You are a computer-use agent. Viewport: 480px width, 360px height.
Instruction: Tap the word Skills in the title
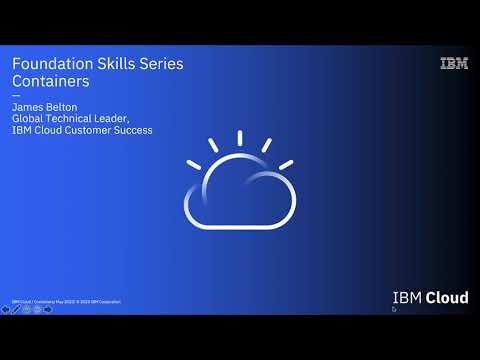112,64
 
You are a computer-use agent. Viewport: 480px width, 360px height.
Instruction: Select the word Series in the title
159,64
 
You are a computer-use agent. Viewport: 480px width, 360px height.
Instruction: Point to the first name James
28,105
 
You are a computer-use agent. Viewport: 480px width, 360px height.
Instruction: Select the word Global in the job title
29,118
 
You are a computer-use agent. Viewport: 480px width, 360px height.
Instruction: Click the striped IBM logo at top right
453,64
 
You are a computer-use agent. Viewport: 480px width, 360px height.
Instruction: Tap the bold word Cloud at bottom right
447,298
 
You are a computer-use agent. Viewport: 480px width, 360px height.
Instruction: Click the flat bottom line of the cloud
240,227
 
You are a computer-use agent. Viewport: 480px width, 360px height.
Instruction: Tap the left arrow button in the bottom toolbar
6,309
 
